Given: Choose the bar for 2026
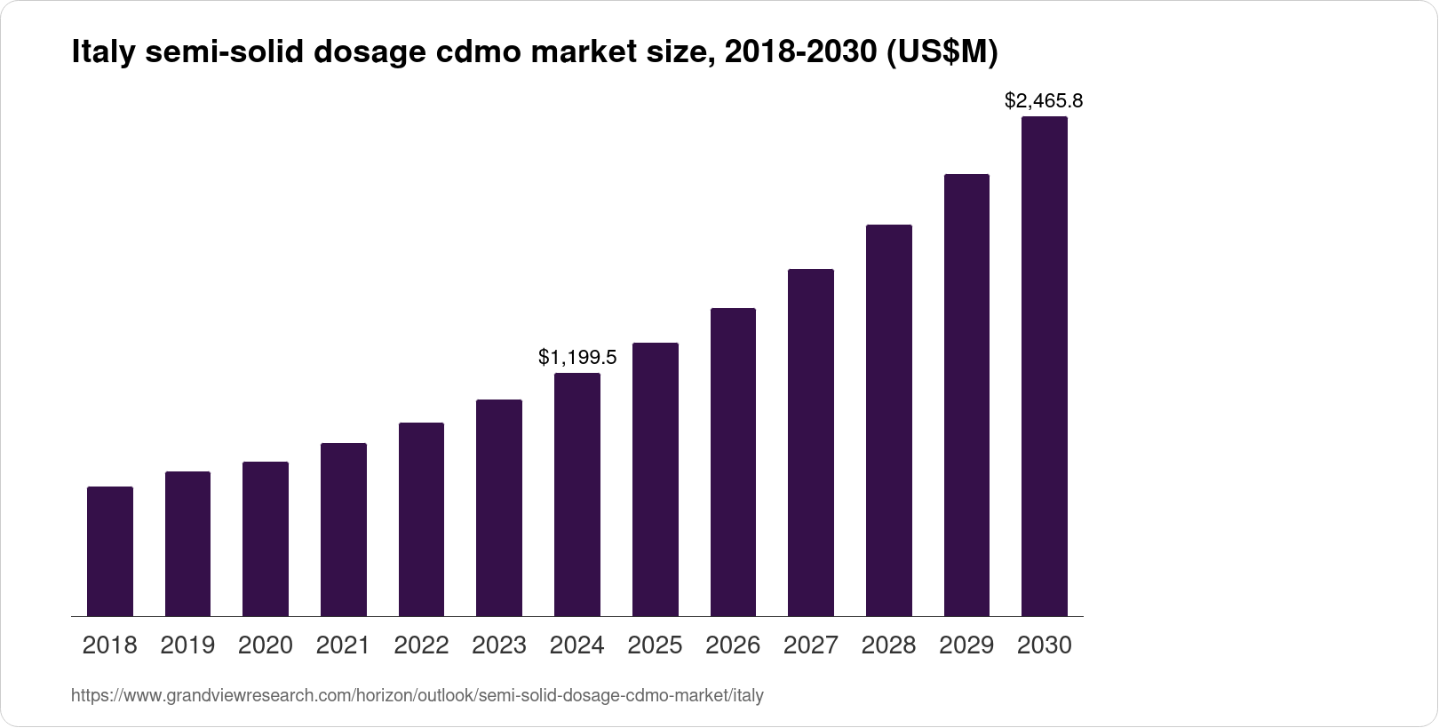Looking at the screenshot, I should click(733, 462).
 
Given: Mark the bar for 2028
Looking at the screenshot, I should click(888, 420).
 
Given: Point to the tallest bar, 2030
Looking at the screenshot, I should click(1045, 366).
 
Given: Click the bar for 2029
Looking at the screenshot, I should click(966, 394).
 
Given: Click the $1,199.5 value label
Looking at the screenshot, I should click(577, 358).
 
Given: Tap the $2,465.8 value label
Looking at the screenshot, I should click(1044, 101).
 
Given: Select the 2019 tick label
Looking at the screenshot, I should click(187, 645).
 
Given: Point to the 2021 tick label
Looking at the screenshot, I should click(343, 645).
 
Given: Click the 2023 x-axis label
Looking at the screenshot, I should click(499, 645).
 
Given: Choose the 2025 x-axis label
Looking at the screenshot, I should click(655, 645).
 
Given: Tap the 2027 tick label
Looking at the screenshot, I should click(811, 645).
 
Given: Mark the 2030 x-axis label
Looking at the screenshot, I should click(1045, 645).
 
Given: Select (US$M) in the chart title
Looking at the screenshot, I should click(942, 53).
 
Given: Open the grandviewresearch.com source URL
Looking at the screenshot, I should click(417, 696).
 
